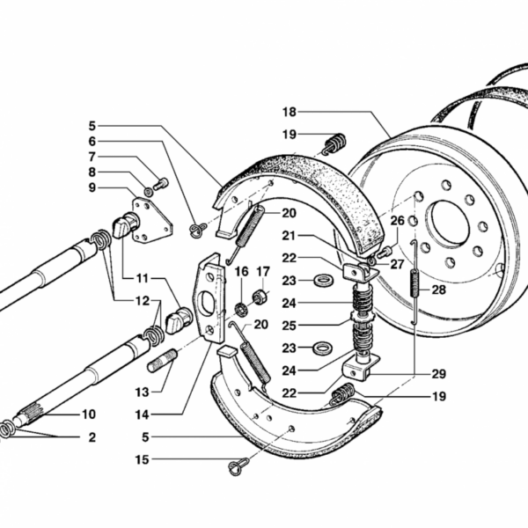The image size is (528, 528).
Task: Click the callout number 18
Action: coord(290,112)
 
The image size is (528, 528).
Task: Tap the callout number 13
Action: coord(142,392)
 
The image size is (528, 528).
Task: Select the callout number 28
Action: coord(439,290)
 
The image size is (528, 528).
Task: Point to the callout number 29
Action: coord(439,374)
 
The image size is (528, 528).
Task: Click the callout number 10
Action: coord(89,414)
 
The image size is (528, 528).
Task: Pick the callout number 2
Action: coord(92,437)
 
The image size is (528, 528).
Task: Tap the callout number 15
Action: coord(142,459)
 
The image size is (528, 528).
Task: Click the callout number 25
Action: coord(290,326)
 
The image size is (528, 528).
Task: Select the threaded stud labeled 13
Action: coord(162,361)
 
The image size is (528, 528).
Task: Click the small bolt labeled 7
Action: coord(161,184)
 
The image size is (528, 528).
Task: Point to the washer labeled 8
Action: coord(149,192)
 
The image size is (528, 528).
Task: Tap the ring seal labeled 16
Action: coord(241,310)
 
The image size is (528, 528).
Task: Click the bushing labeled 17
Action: coord(260,297)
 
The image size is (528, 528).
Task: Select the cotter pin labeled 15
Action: coord(238,466)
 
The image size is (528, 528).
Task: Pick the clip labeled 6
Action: coord(198,230)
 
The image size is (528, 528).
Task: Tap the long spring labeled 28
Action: coord(414,282)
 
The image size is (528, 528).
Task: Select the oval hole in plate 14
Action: coord(206,304)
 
